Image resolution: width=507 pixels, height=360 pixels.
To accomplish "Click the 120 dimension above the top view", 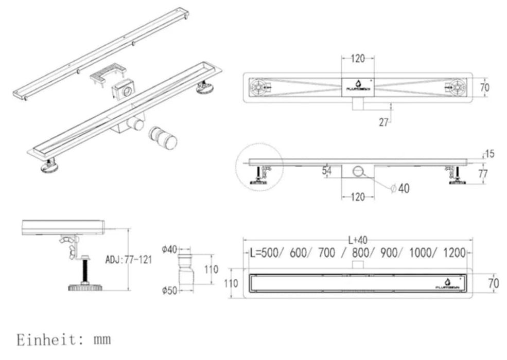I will [x=358, y=58].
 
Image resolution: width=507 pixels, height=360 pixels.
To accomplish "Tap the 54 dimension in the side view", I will [x=326, y=170].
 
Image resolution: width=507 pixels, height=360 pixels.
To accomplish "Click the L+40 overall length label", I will [x=358, y=240].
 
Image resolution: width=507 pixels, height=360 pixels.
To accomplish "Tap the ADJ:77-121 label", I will [x=129, y=260].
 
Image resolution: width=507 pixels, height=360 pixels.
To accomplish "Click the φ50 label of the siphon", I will [x=169, y=291].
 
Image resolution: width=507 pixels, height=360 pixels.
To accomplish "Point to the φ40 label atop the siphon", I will [x=169, y=249].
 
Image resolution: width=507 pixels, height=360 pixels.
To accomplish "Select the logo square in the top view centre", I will [x=358, y=86].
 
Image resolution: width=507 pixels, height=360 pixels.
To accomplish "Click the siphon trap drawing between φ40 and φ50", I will [x=188, y=270].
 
